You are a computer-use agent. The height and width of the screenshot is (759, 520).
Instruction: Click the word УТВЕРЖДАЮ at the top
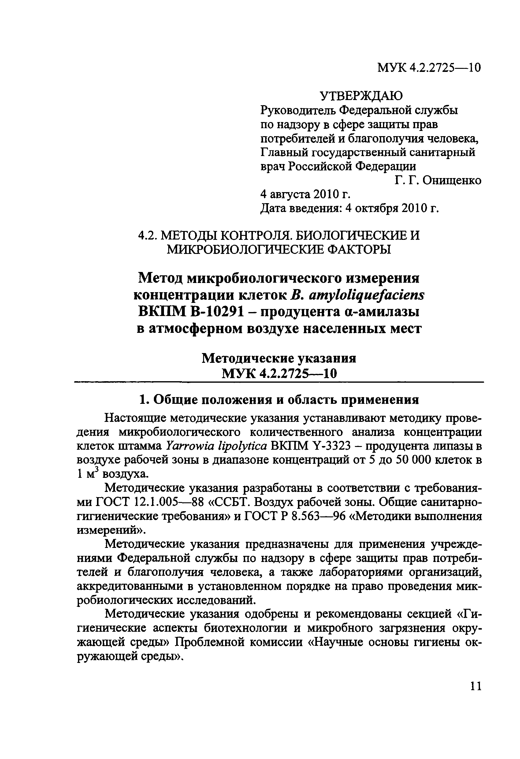[x=361, y=96]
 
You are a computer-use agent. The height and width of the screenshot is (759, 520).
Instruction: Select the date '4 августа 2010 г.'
[x=305, y=195]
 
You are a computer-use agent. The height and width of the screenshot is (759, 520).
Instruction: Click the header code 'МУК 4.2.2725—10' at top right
[x=429, y=68]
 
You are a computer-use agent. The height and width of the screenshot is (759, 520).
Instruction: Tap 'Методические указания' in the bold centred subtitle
[x=279, y=359]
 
